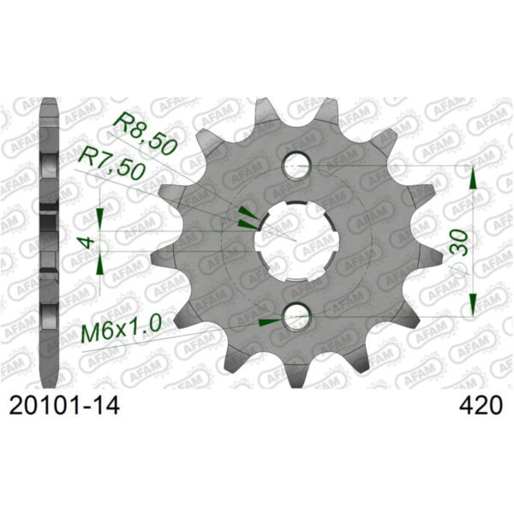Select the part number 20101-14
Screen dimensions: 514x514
61,405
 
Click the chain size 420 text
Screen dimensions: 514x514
474,405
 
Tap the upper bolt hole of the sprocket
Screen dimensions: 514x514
297,163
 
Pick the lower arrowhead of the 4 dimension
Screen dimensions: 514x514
102,264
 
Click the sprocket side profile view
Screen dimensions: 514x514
49,240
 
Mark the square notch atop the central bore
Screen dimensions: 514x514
296,204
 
